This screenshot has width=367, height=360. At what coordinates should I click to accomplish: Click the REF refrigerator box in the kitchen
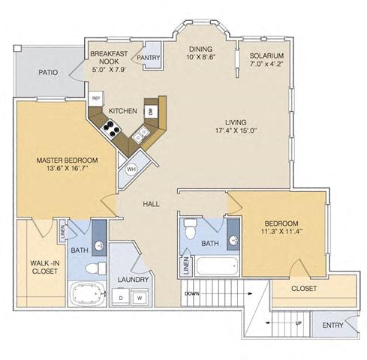pyautogui.click(x=96, y=97)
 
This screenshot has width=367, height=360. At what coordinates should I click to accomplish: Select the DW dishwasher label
pyautogui.click(x=150, y=111)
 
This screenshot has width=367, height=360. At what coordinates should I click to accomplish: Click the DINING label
pyautogui.click(x=200, y=46)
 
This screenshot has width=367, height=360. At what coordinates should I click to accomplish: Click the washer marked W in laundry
pyautogui.click(x=139, y=298)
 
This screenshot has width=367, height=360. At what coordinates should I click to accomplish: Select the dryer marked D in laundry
pyautogui.click(x=121, y=298)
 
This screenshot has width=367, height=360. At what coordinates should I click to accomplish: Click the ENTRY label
pyautogui.click(x=332, y=325)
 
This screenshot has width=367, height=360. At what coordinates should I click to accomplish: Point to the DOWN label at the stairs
pyautogui.click(x=192, y=293)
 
